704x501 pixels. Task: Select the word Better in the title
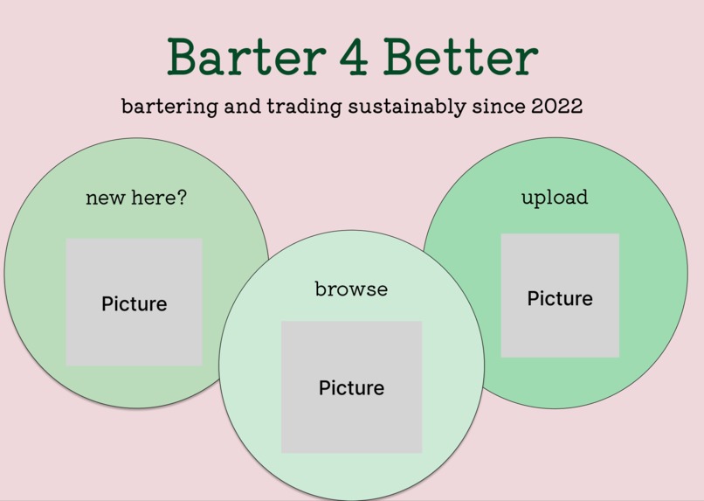click(460, 57)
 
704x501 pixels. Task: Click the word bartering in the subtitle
click(169, 107)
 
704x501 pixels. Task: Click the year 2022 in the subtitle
click(556, 106)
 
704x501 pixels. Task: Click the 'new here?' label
click(136, 198)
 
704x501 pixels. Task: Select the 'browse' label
click(351, 289)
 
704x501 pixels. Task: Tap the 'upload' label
click(555, 198)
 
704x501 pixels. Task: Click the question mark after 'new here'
click(182, 198)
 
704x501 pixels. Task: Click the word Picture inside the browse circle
click(351, 387)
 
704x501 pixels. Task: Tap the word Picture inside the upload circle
click(560, 298)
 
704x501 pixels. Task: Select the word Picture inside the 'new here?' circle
click(134, 303)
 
